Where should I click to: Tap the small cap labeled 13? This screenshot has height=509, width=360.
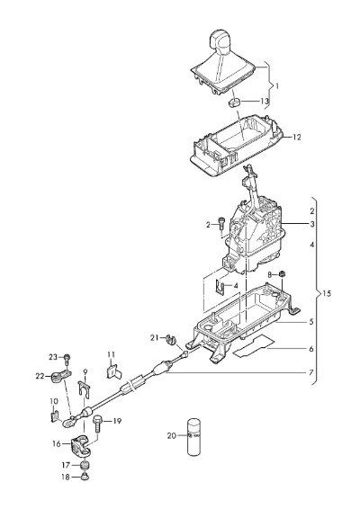(x=234, y=102)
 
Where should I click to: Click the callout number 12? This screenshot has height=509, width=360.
(x=296, y=138)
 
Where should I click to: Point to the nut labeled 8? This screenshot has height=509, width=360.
(x=283, y=274)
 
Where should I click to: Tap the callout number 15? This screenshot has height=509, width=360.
(x=327, y=294)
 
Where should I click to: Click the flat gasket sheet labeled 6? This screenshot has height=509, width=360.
(x=254, y=347)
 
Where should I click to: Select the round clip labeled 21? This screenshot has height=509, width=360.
(x=170, y=339)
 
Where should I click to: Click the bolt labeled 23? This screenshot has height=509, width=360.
(x=67, y=359)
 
